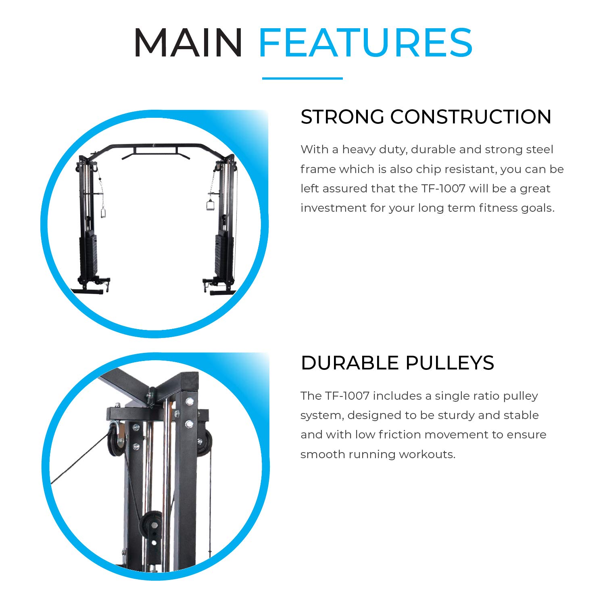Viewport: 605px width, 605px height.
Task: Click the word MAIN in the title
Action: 188,43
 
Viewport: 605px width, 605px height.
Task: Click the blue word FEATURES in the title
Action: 365,43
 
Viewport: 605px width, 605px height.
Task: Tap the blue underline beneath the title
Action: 302,78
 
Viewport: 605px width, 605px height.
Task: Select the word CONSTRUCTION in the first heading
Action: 471,117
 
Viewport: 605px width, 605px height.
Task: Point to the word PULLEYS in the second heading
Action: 450,363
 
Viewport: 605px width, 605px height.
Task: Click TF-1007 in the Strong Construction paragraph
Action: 443,188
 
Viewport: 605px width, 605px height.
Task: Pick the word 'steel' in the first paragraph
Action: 539,150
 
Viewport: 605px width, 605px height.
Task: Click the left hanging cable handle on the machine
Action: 103,213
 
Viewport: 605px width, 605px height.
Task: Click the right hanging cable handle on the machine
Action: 210,204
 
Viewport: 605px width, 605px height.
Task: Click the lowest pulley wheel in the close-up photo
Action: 152,524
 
